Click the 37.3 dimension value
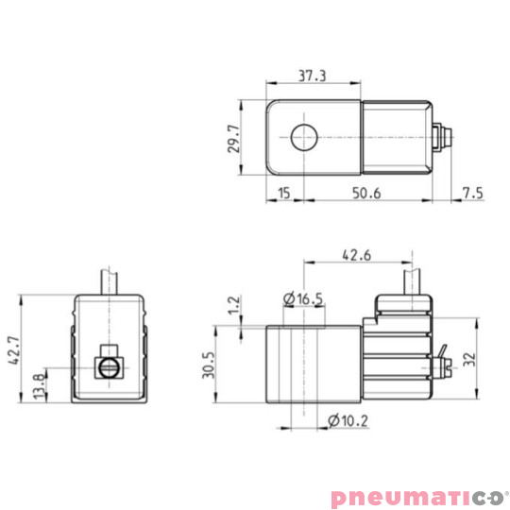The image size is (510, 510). tap(312, 76)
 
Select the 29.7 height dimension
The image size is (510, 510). tap(233, 138)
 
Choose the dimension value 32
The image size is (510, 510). tap(469, 360)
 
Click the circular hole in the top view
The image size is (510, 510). tap(304, 138)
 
